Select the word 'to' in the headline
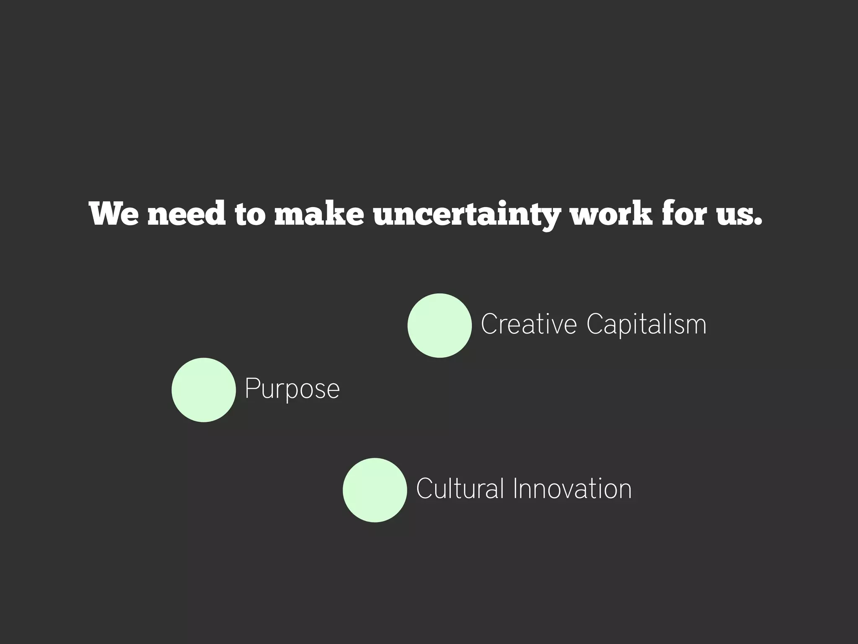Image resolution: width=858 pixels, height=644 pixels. click(x=250, y=214)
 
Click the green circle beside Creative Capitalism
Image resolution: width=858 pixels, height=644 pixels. click(x=439, y=325)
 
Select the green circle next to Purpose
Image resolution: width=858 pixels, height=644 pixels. click(x=204, y=390)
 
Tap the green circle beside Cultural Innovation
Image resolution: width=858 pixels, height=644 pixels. click(x=375, y=490)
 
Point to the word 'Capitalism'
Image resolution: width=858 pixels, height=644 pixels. click(x=646, y=325)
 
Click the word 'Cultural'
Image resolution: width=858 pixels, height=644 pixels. click(x=460, y=488)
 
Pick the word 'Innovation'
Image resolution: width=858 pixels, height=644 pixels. click(x=572, y=489)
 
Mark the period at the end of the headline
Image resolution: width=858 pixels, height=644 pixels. click(x=757, y=222)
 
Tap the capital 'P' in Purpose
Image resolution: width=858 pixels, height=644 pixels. click(x=251, y=388)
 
